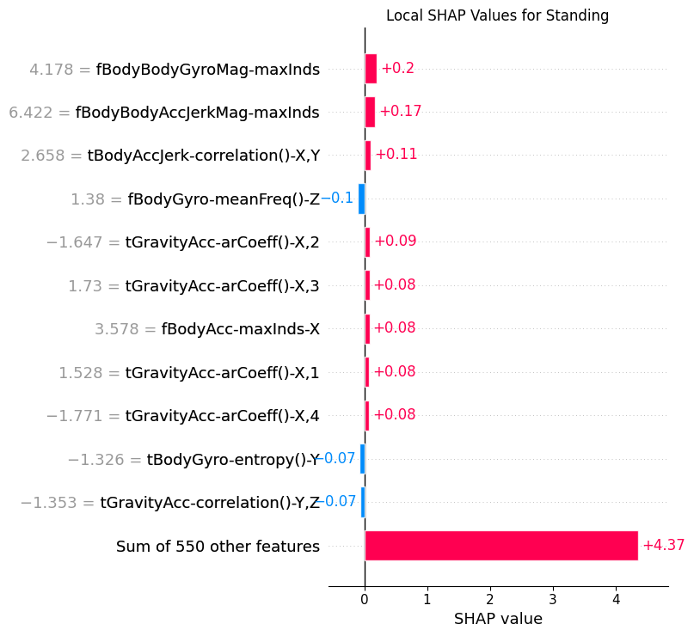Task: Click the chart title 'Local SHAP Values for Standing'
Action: point(497,15)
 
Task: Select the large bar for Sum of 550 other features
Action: point(501,546)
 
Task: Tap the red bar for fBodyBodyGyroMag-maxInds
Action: point(371,69)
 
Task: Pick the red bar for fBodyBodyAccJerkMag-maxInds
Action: point(370,112)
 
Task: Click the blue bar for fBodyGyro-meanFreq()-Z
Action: point(362,199)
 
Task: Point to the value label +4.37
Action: point(663,546)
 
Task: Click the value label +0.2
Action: point(397,69)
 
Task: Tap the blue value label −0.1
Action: point(337,199)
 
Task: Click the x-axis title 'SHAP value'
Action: point(498,619)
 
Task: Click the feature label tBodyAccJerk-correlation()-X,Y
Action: point(204,156)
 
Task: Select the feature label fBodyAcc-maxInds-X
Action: point(241,329)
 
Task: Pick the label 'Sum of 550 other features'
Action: point(218,547)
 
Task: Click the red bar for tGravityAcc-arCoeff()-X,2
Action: point(367,242)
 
